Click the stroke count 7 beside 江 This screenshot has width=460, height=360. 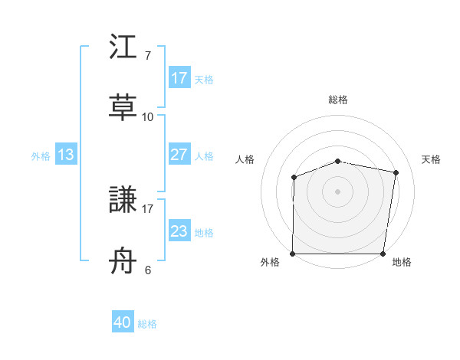click(147, 56)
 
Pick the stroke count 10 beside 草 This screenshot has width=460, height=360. click(147, 117)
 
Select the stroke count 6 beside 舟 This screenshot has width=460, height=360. click(147, 270)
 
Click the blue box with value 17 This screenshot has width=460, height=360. click(179, 78)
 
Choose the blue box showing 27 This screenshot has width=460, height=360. click(179, 155)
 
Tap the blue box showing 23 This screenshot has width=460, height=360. click(179, 231)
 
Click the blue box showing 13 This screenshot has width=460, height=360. click(66, 155)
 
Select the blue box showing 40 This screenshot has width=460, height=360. click(123, 323)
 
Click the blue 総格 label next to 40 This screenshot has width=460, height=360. click(147, 324)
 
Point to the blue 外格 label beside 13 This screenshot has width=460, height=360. click(41, 155)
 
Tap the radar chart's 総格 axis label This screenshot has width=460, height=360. click(338, 100)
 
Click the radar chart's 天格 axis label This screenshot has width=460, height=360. click(432, 159)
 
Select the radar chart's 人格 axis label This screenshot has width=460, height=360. click(245, 159)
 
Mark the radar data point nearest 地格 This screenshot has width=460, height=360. click(383, 254)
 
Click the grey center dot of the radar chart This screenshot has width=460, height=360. click(338, 191)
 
